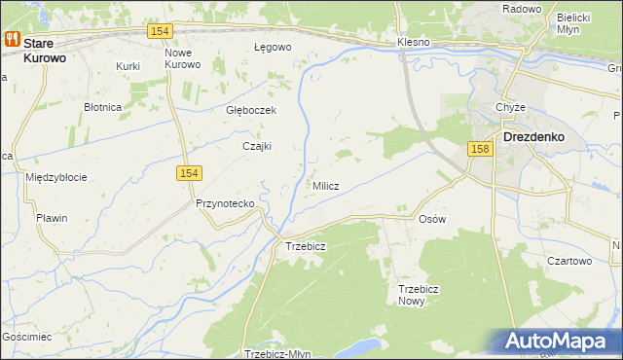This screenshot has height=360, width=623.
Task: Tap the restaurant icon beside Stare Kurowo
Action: [x=13, y=40]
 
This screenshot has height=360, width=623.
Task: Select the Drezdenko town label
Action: [x=533, y=137]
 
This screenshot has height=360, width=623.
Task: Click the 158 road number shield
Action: [x=478, y=149]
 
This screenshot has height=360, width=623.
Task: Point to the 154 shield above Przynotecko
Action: [x=190, y=172]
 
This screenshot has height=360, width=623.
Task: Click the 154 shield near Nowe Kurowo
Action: [x=162, y=32]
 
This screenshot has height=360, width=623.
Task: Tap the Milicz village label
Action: [x=325, y=186]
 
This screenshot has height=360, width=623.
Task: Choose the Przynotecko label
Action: [x=225, y=203]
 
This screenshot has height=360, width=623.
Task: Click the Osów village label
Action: [x=431, y=219]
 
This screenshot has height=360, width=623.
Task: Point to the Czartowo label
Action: [x=569, y=261]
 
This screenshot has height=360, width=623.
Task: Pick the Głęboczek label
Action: [x=251, y=111]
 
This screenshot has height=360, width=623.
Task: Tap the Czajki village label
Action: [x=256, y=147]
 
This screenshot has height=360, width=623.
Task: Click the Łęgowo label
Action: [x=273, y=47]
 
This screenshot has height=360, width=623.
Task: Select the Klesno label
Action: [x=414, y=44]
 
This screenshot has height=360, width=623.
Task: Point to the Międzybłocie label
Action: [x=56, y=177]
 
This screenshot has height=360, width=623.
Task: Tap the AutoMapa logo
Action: [x=557, y=342]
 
